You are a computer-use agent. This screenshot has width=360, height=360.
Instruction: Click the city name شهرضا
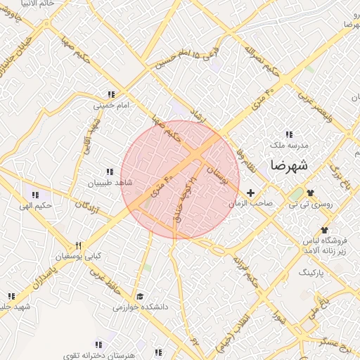coord(289,167)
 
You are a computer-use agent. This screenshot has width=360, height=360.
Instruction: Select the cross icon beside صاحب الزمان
coord(250,193)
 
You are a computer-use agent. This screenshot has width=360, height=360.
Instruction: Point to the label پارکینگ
coord(314,271)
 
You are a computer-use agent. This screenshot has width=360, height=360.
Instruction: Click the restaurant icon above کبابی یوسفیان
coord(79,245)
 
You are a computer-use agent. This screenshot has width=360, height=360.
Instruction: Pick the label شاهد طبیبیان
coord(109,183)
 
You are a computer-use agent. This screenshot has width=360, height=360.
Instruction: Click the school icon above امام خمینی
coord(110,94)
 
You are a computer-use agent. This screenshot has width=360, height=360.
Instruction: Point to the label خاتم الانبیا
coord(26,3)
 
